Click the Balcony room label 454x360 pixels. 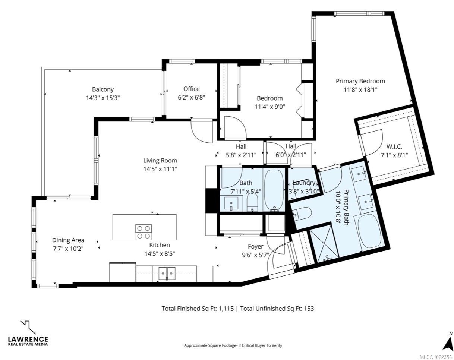(x=103, y=89)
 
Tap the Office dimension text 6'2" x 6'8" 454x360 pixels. (x=191, y=97)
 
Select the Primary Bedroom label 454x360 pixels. (x=360, y=81)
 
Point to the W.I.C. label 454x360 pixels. (x=394, y=146)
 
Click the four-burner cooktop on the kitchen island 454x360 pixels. (x=144, y=231)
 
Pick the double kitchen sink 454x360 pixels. (x=167, y=274)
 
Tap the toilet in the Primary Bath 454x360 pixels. (x=303, y=213)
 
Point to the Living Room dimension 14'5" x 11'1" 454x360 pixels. (x=160, y=169)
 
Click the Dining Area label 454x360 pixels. (x=68, y=240)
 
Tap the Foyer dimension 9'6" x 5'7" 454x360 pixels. (x=255, y=255)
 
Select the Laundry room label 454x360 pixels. (x=304, y=183)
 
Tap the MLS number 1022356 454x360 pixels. (x=443, y=357)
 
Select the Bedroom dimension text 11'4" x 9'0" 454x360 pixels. (x=270, y=107)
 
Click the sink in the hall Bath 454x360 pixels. (x=231, y=203)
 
